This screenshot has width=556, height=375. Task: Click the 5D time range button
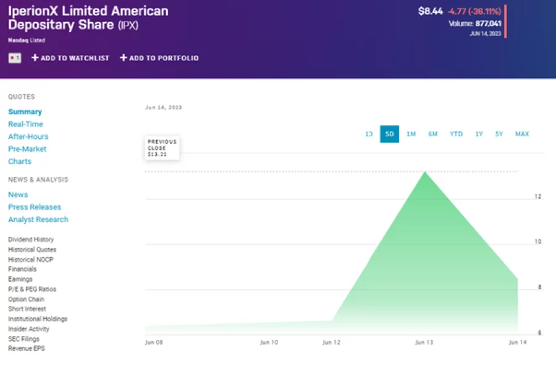point(389,134)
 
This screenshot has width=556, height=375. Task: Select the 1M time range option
point(411,134)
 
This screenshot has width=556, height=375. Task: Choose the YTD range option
point(456,134)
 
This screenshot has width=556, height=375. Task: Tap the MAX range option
point(522,134)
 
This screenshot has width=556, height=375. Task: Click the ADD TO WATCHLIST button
point(70,58)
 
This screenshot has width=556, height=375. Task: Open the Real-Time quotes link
point(25,124)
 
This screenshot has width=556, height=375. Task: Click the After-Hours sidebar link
point(28,136)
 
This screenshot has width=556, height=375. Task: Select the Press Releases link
point(35,207)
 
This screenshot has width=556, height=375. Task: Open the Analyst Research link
point(38,220)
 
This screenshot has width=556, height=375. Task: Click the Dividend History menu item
point(31,239)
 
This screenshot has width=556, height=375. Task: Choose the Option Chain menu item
point(26,299)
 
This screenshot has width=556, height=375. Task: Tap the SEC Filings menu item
point(23,339)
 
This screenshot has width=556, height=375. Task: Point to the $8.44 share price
point(431,10)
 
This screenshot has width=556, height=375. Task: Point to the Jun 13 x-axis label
point(424,342)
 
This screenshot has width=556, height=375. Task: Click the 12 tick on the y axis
point(537,197)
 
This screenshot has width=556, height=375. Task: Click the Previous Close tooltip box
point(162,148)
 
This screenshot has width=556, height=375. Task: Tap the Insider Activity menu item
point(29,329)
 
